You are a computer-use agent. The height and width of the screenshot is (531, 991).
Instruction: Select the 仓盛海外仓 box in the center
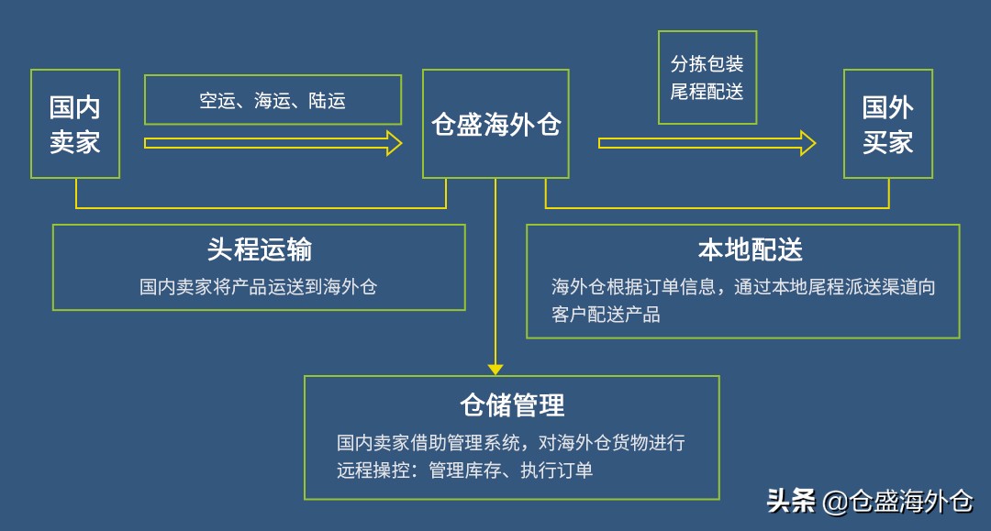tap(495, 124)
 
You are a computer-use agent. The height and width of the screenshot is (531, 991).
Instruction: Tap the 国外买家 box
tap(887, 124)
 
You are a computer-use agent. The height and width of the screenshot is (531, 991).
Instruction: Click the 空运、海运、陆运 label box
tap(273, 100)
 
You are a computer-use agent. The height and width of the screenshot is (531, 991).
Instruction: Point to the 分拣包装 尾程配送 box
tap(707, 77)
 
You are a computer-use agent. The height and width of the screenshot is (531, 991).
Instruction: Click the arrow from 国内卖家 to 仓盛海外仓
tap(273, 143)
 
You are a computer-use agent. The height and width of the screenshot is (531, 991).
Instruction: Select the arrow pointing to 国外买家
tap(707, 143)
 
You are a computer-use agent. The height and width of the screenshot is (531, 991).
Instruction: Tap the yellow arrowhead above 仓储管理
tap(495, 369)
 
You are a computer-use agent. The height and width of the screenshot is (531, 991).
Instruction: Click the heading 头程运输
tap(259, 249)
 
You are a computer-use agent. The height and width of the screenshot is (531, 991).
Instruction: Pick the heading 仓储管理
tap(512, 404)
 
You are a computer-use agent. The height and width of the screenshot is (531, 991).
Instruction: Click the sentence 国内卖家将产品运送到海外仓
tap(259, 287)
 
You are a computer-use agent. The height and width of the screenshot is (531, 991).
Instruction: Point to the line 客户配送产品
tap(606, 315)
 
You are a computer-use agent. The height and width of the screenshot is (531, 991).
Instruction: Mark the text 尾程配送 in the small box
tap(707, 92)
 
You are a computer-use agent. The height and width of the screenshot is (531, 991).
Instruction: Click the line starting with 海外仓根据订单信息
tap(743, 287)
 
